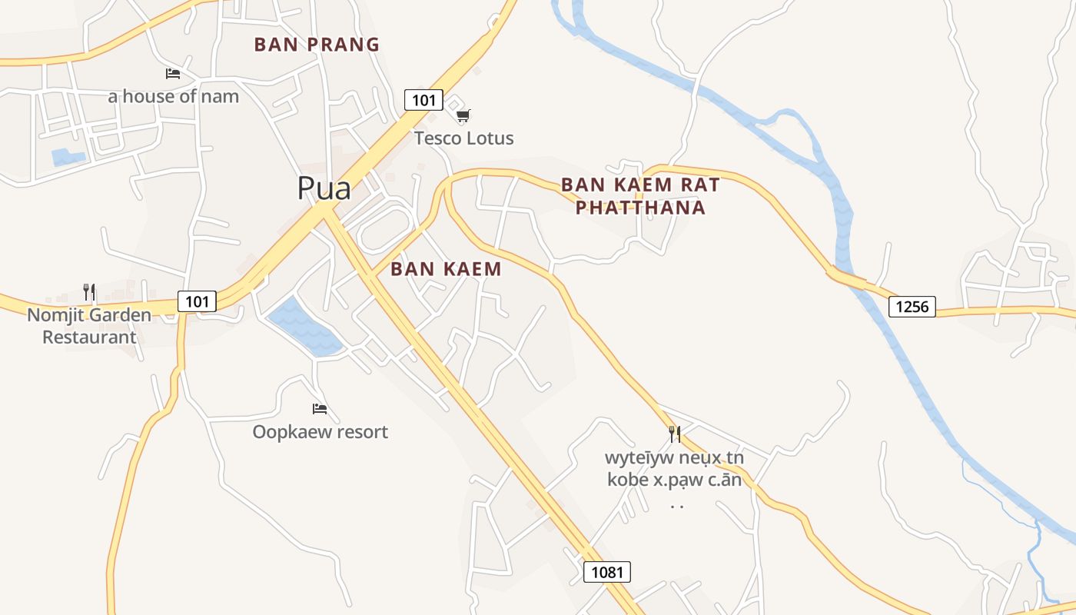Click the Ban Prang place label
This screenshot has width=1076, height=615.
[317, 45]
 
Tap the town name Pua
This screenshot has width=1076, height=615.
[324, 188]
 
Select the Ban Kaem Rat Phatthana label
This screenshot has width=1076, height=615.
[640, 196]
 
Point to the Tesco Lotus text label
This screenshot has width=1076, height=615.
[463, 138]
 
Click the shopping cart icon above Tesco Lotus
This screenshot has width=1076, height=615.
[463, 116]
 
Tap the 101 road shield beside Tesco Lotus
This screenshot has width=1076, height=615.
[423, 99]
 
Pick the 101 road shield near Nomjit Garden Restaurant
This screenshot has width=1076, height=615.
[197, 301]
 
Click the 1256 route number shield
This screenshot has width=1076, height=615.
[912, 307]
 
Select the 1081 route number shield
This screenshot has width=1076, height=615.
[607, 572]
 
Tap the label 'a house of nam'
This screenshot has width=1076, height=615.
[173, 96]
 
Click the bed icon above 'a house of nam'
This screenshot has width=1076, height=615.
[173, 74]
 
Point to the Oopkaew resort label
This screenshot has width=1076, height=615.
[320, 432]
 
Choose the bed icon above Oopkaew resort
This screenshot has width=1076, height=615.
[320, 408]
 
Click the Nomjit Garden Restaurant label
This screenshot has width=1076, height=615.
[89, 326]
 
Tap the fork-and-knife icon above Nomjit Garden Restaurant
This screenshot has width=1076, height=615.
[89, 292]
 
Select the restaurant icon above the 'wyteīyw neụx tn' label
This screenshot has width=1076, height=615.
[675, 434]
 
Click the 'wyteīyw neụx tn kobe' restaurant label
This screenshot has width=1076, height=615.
[675, 469]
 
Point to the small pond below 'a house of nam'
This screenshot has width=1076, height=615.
[68, 158]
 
